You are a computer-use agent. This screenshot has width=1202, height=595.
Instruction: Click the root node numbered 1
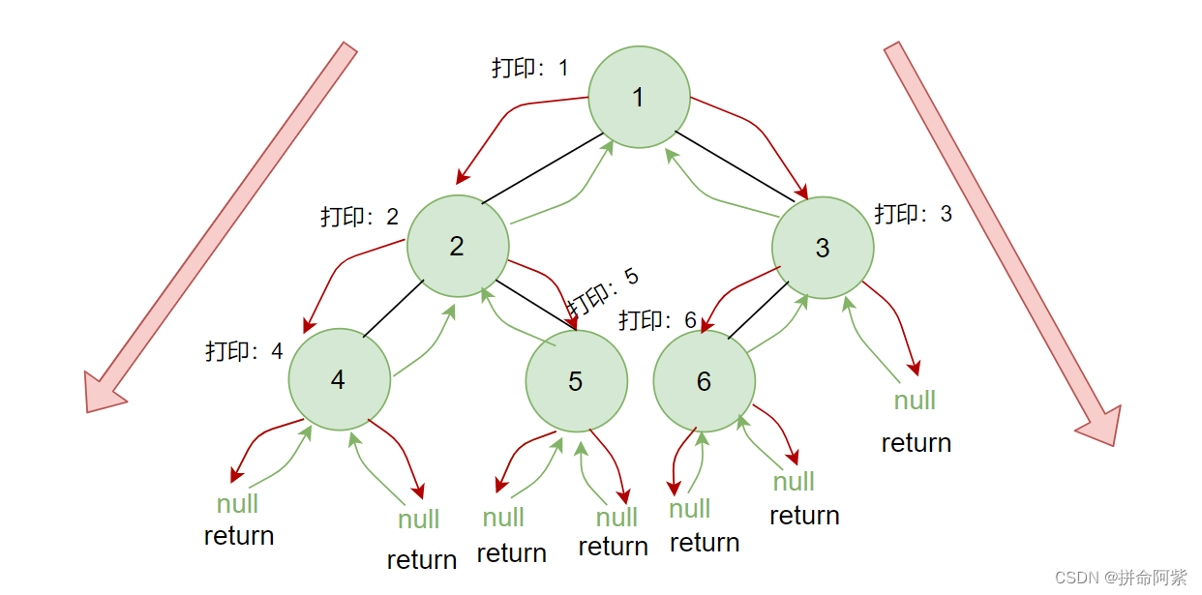639,98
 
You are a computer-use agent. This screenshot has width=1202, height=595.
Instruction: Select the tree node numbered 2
458,246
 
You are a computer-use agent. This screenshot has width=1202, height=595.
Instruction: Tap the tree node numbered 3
823,248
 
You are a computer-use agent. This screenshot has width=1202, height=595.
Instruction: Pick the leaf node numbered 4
339,380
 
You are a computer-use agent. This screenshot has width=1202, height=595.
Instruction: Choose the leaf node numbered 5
576,381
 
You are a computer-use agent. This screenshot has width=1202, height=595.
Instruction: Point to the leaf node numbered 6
704,381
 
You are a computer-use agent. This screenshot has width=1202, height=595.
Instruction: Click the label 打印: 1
529,69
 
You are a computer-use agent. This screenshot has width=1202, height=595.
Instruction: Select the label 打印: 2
359,217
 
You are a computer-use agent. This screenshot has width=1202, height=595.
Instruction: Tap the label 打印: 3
913,214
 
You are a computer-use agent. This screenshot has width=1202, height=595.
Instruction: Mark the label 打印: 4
244,351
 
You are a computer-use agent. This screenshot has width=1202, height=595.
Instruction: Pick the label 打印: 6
657,320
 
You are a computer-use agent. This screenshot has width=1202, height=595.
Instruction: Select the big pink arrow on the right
1002,242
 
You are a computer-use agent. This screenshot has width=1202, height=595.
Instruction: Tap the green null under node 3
915,400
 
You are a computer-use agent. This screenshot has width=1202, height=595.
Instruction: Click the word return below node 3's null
916,443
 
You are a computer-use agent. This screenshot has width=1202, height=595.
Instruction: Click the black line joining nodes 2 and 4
394,309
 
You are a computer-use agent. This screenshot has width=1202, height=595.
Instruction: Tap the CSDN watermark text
1120,578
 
